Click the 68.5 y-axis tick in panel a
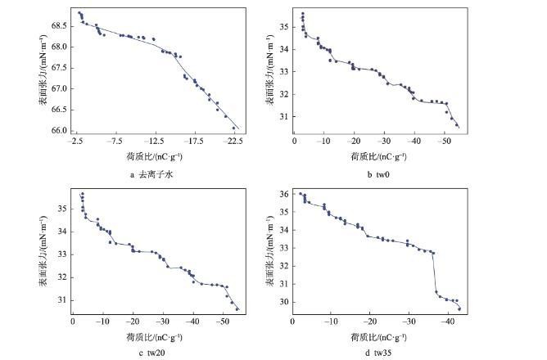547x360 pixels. click(61, 25)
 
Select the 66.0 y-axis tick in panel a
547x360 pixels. click(61, 130)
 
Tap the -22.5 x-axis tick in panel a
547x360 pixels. click(234, 140)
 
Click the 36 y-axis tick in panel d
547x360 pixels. click(283, 194)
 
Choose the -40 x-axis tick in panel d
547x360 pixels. click(447, 322)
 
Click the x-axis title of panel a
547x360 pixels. click(155, 155)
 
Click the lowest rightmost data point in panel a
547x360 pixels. click(234, 128)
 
